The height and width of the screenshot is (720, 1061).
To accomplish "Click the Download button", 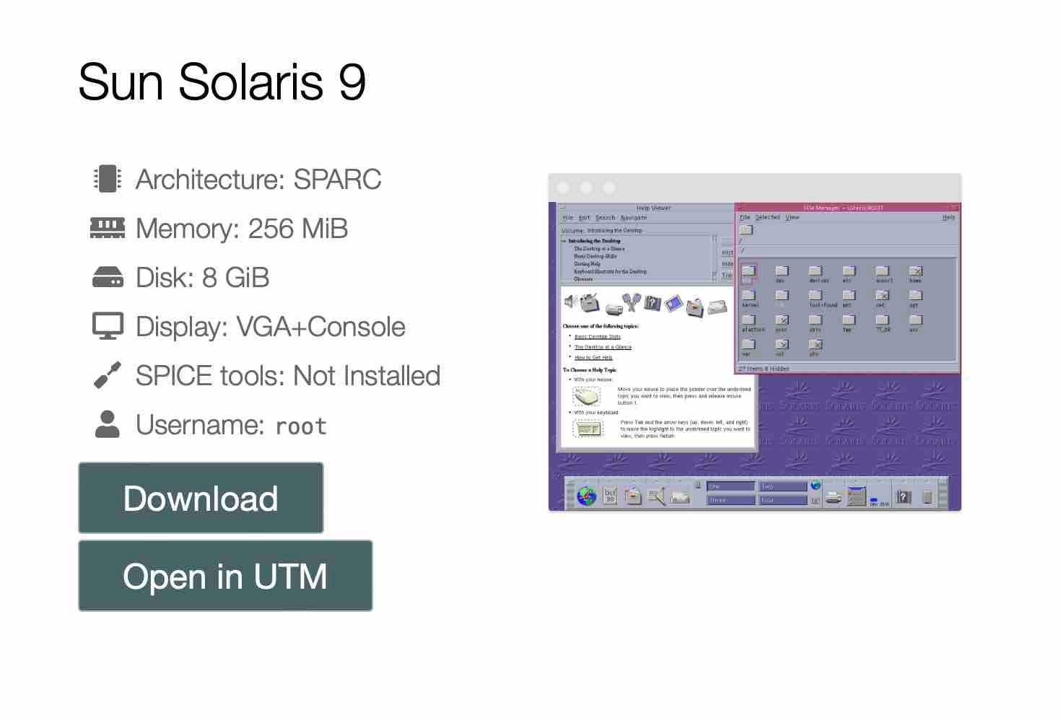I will [x=201, y=498].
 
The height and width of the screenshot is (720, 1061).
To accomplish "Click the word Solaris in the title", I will [x=251, y=82].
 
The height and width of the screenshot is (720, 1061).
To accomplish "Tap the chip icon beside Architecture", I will [x=108, y=179].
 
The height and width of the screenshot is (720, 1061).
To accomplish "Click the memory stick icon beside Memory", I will [x=108, y=228].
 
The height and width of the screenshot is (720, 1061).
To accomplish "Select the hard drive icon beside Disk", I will [x=108, y=277].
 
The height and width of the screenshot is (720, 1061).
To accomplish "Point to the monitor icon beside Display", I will [x=108, y=326].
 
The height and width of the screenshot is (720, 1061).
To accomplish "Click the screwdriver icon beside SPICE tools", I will [x=108, y=375].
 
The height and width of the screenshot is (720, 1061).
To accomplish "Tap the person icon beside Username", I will [x=108, y=424].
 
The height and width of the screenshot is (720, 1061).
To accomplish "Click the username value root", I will [x=301, y=426].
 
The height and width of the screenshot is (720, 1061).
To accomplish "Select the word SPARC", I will [x=337, y=179].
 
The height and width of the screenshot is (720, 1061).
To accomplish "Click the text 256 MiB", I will [x=297, y=228].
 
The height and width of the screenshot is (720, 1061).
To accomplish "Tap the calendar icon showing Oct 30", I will [x=611, y=496].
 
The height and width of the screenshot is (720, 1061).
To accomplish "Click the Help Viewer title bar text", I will [x=653, y=208].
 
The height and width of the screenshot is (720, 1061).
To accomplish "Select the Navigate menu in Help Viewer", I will [x=634, y=218].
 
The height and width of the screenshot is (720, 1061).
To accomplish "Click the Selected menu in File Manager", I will [x=768, y=217].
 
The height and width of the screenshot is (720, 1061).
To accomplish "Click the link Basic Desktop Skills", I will [x=598, y=337].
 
